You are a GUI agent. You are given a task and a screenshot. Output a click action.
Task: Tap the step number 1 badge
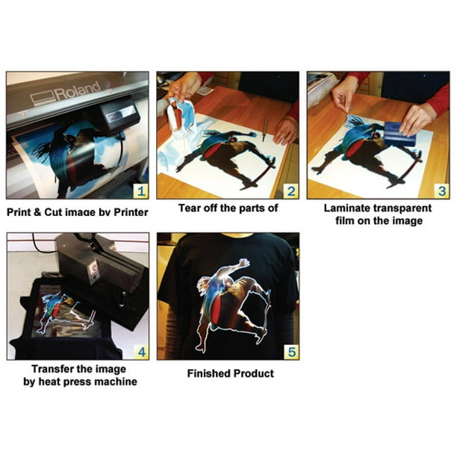(140, 190)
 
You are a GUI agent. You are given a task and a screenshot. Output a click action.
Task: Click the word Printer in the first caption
(128, 212)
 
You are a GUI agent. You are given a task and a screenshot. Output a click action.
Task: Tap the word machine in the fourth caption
(116, 382)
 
